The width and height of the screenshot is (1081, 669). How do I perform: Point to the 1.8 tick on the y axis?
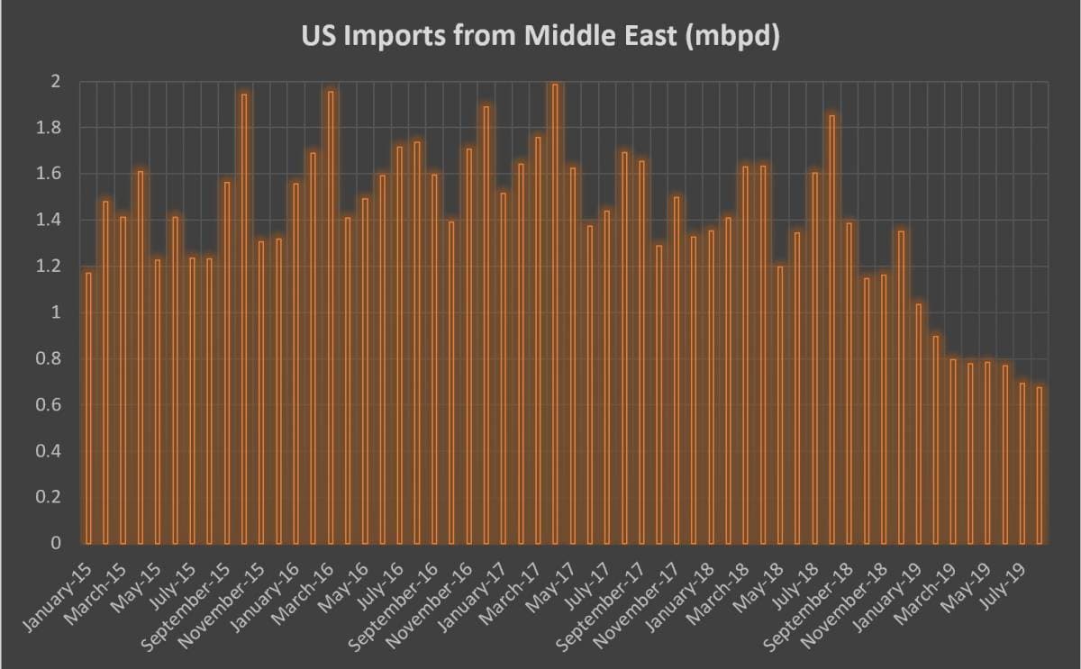(x=48, y=128)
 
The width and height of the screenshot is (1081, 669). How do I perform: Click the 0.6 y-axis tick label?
(x=48, y=405)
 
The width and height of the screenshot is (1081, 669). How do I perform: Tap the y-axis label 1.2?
(x=48, y=267)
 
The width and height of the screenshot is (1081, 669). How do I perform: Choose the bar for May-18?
(x=781, y=404)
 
